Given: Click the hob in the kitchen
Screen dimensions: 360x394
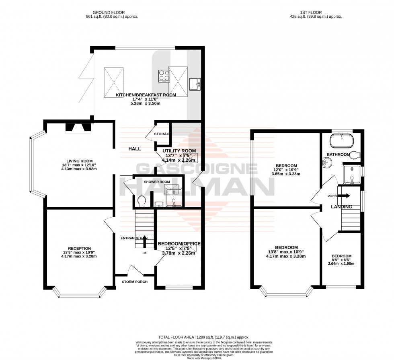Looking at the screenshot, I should [164, 76].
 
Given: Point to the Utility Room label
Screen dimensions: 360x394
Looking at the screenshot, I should [179, 151].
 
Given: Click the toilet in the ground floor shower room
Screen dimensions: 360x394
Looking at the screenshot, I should [141, 200].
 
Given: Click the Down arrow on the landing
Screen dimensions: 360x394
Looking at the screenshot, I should [344, 196].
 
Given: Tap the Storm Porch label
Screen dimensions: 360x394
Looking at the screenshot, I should [135, 282].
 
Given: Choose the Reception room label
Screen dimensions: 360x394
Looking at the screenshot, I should [79, 248].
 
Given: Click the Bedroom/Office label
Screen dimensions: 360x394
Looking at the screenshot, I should [179, 244].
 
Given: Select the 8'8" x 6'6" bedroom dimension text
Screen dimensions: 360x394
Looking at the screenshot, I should [341, 261].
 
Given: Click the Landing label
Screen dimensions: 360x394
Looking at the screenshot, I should [341, 207].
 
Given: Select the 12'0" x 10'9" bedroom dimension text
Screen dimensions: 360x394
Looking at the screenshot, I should [286, 170].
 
